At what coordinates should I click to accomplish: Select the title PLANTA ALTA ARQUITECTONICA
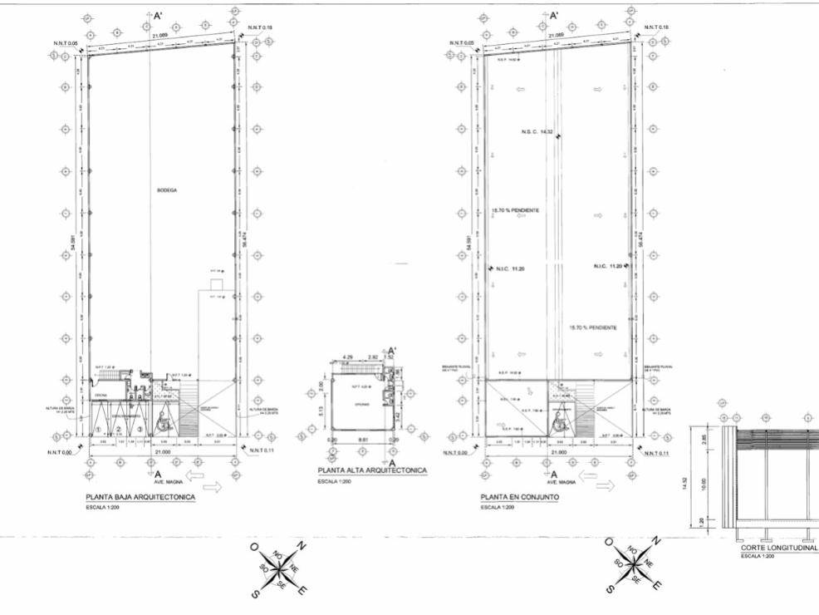pos(372,470)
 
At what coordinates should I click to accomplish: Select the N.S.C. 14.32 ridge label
pos(537,132)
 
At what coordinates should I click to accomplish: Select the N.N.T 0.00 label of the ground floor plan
pos(58,451)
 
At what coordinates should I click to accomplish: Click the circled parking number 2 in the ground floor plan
pos(120,429)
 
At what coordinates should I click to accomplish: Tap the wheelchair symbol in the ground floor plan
pos(164,422)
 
